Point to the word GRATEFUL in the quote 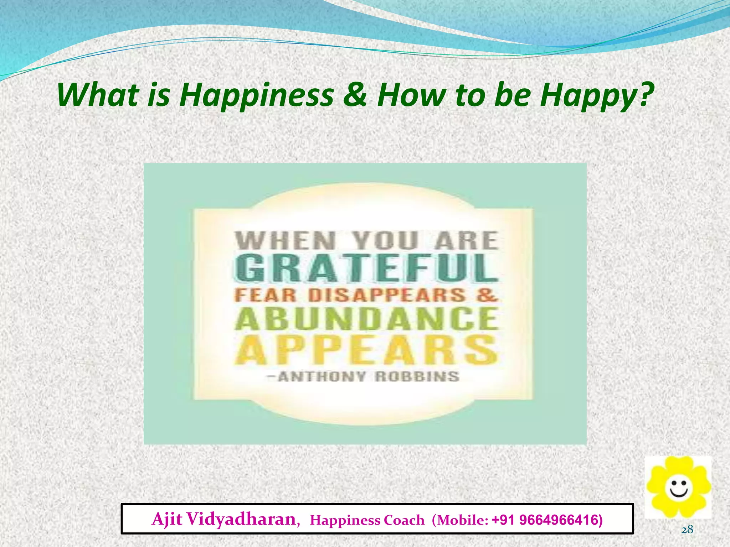366,268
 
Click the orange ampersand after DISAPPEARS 487,295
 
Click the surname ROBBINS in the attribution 417,377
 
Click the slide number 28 687,530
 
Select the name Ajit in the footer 167,519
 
